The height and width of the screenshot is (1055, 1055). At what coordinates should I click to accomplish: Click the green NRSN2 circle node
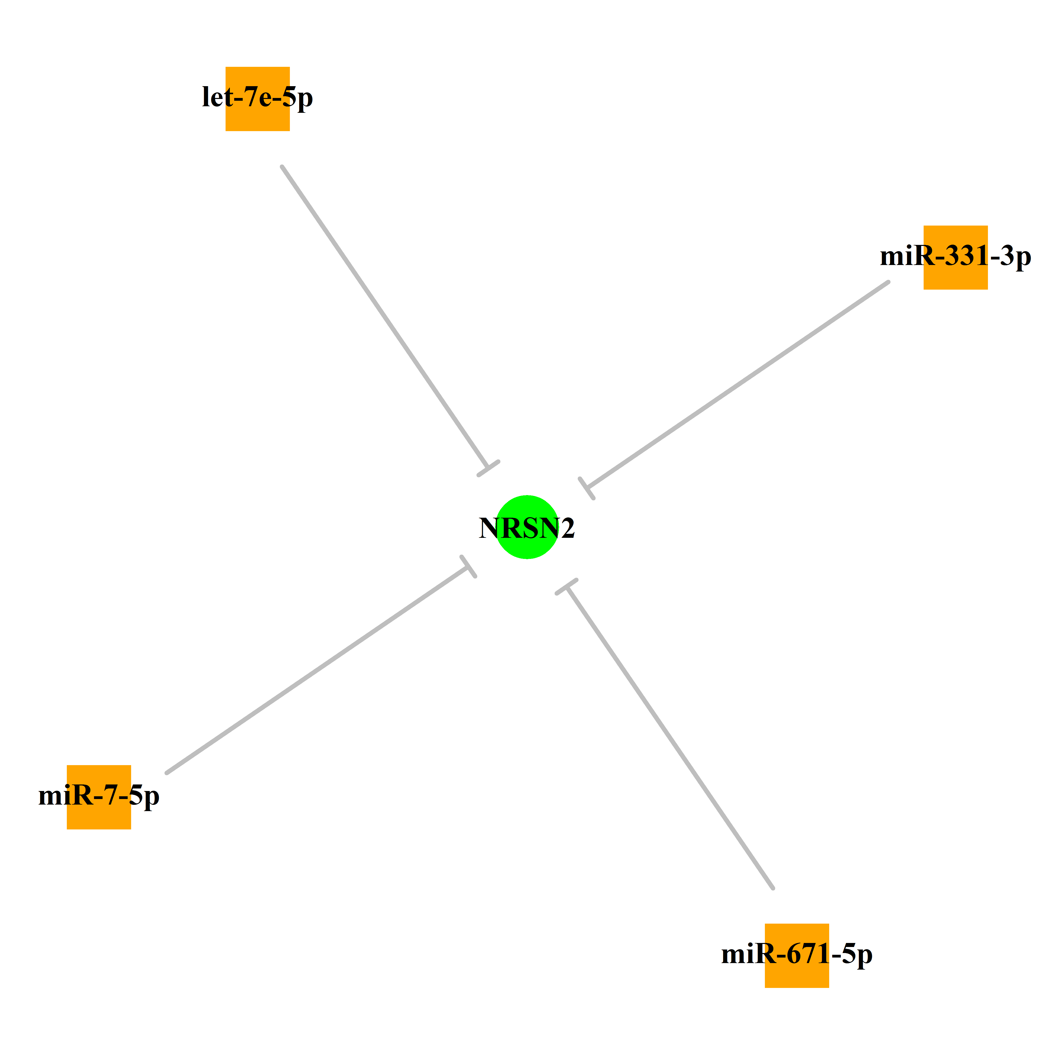[527, 527]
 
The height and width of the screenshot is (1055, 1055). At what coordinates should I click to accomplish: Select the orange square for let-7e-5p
[258, 99]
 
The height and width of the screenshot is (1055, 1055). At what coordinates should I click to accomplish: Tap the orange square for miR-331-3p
[956, 257]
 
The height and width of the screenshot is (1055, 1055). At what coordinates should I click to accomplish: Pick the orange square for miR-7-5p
[99, 797]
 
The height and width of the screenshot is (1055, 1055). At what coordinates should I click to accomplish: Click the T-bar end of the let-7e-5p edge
[489, 468]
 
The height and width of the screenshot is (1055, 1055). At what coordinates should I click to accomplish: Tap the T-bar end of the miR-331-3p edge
[587, 488]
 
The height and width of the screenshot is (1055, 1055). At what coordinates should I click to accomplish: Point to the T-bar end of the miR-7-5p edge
[468, 567]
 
